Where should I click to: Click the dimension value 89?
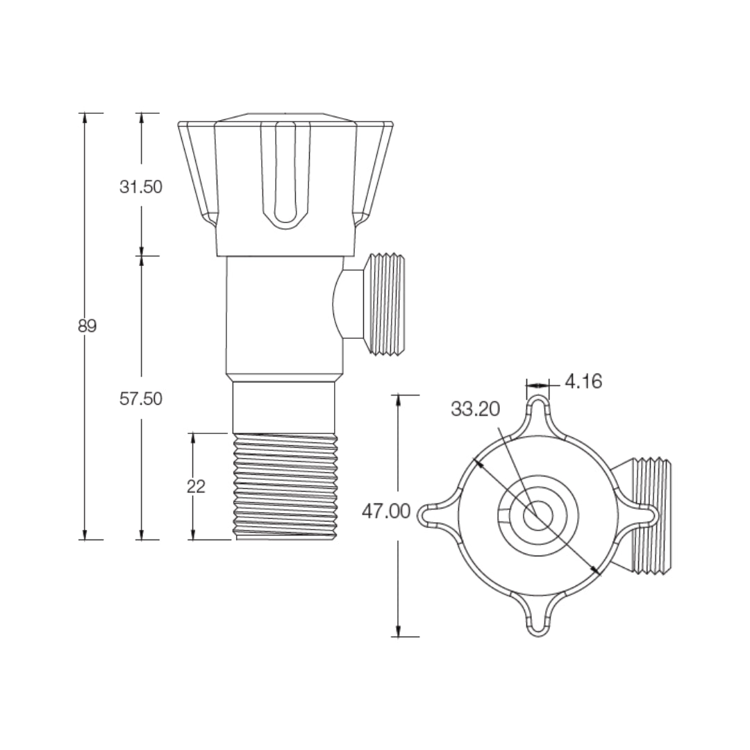pyautogui.click(x=87, y=326)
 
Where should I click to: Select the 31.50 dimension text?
pyautogui.click(x=140, y=187)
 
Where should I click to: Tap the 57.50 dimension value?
pyautogui.click(x=140, y=399)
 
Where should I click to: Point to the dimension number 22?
pyautogui.click(x=196, y=486)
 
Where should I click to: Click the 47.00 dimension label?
pyautogui.click(x=386, y=512)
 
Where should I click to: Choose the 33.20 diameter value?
pyautogui.click(x=475, y=409)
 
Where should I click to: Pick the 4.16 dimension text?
pyautogui.click(x=583, y=381)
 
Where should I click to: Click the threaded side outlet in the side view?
pyautogui.click(x=385, y=304)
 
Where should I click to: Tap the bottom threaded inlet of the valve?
pyautogui.click(x=286, y=486)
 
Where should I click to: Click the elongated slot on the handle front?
pyautogui.click(x=285, y=174)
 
